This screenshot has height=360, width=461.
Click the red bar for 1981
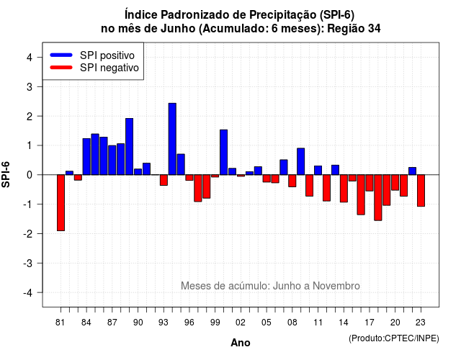click(x=61, y=203)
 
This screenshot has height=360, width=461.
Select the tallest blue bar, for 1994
click(x=172, y=139)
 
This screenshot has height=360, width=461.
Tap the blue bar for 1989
click(x=130, y=147)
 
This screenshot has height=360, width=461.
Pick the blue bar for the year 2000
click(x=224, y=152)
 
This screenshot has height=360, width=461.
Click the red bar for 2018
click(x=378, y=197)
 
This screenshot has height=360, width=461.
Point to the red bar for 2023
click(x=421, y=190)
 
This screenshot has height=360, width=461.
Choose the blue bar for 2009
click(x=301, y=161)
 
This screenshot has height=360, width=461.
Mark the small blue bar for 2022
click(x=413, y=171)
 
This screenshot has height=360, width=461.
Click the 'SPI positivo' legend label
click(x=107, y=55)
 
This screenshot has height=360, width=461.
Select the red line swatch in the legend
click(x=61, y=68)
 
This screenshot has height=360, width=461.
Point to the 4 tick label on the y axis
click(x=30, y=58)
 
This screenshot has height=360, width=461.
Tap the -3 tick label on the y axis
click(x=28, y=264)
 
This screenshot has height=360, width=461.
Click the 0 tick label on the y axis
click(x=30, y=175)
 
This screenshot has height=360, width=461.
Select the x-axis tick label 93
click(x=164, y=323)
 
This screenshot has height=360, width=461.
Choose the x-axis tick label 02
click(x=241, y=323)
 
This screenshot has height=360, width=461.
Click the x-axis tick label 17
click(x=370, y=323)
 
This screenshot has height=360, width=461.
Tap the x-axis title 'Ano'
click(x=241, y=343)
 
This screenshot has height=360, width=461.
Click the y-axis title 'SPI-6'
click(x=6, y=174)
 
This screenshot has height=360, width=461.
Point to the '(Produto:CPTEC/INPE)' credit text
click(x=394, y=338)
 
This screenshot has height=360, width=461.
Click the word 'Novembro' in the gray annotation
click(x=336, y=286)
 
